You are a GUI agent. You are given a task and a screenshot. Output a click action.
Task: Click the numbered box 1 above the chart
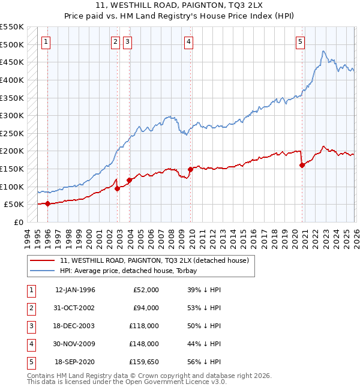pos(46,41)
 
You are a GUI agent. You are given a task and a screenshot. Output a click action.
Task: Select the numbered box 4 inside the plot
pos(188,41)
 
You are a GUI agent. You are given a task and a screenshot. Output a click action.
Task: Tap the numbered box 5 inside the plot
pos(300,41)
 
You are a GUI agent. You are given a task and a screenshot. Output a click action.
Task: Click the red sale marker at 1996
pos(47,203)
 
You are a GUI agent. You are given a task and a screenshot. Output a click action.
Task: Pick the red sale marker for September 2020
pos(302,166)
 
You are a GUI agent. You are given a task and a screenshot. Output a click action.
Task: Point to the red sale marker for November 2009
pos(191,169)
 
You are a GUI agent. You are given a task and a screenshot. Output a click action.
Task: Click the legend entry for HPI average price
pos(134,271)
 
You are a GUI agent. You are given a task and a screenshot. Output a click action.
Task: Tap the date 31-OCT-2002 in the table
pos(75,308)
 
